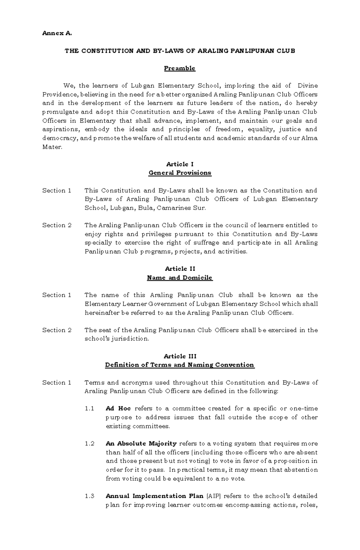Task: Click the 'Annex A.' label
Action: click(57, 34)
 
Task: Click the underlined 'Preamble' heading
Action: click(179, 68)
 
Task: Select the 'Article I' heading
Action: click(180, 164)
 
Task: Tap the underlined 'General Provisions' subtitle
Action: click(180, 173)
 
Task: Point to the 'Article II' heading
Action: click(180, 269)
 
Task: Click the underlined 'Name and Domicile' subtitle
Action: click(180, 278)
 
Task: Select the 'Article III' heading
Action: click(180, 356)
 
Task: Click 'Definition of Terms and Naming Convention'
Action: click(180, 365)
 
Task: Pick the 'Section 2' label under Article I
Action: click(57, 225)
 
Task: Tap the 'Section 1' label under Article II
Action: click(57, 295)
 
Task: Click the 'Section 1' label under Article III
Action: click(57, 382)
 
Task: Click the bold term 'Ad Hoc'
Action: click(118, 409)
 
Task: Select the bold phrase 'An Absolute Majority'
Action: click(141, 444)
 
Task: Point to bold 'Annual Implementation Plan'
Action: click(154, 496)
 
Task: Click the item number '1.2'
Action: click(90, 444)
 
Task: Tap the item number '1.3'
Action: click(90, 496)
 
